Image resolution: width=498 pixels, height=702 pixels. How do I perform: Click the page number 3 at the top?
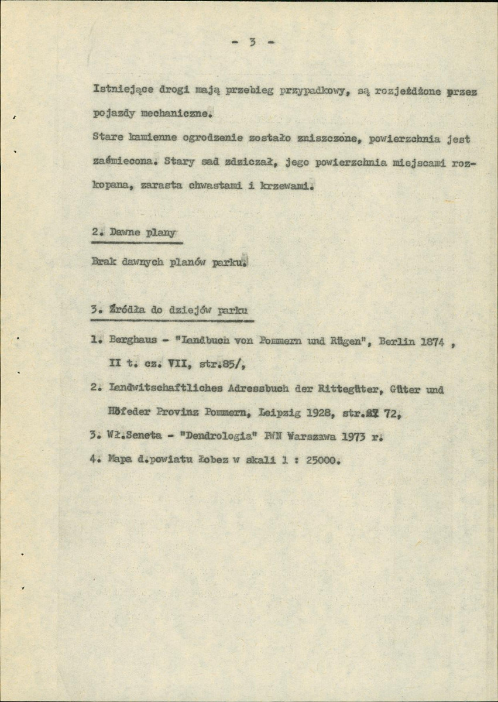[252, 42]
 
